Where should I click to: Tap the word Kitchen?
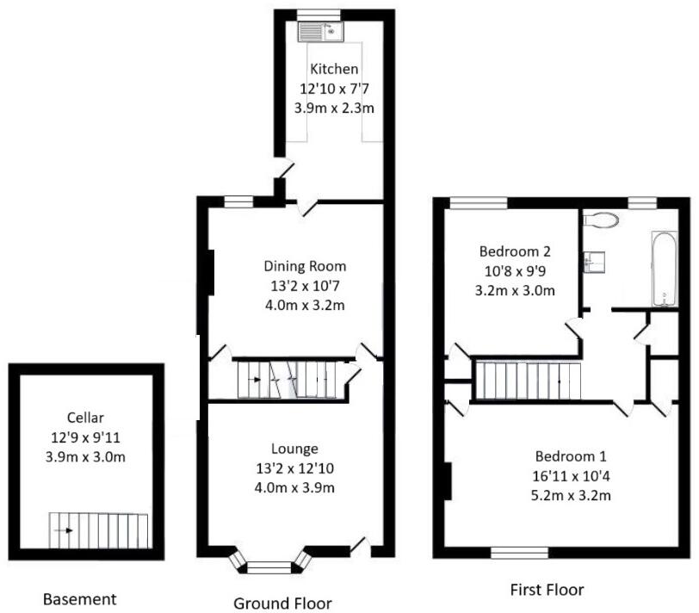335,69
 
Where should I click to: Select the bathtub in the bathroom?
663,269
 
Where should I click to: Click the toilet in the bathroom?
601,220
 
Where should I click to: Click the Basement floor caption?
79,599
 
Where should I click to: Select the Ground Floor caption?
282,603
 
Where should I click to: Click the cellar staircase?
98,531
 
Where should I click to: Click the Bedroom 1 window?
519,552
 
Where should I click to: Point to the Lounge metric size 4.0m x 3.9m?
294,487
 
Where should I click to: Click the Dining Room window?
238,202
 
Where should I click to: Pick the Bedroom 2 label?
515,252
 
